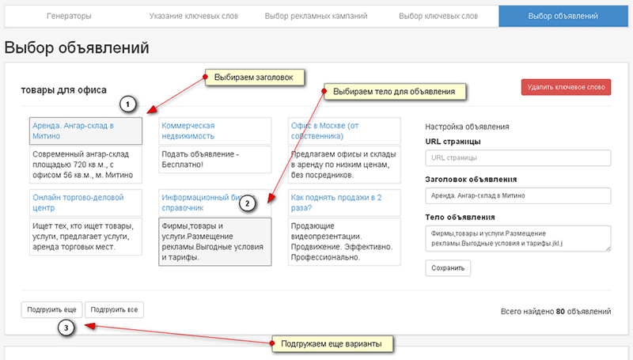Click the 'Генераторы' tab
click(x=69, y=16)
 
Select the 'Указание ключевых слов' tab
click(x=193, y=16)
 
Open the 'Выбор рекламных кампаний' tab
click(x=316, y=16)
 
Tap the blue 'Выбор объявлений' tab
click(x=563, y=16)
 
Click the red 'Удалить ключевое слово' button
click(x=566, y=87)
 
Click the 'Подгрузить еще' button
click(x=51, y=309)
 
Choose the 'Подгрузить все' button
click(x=114, y=309)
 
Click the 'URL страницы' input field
click(x=518, y=157)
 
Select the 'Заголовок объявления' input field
click(x=518, y=195)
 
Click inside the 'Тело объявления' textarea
click(x=518, y=238)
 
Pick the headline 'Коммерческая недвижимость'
click(x=188, y=131)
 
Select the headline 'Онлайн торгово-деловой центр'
click(x=78, y=203)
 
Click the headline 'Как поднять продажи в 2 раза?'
click(x=336, y=203)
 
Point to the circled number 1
click(x=127, y=104)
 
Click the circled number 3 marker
click(x=66, y=328)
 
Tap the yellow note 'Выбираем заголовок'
click(x=255, y=78)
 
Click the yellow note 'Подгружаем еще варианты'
click(x=332, y=344)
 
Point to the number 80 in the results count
click(x=560, y=311)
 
